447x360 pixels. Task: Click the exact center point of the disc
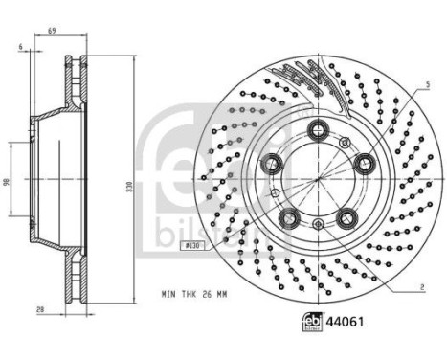tap(317, 180)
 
